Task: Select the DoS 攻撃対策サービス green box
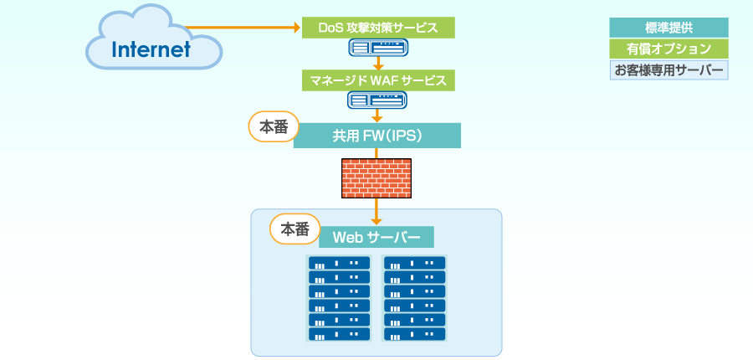coord(377,28)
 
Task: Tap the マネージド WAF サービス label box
coord(377,80)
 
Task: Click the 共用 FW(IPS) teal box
coord(376,136)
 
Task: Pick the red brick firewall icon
coord(376,177)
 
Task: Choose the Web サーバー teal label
coord(376,237)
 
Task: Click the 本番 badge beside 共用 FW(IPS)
coord(274,127)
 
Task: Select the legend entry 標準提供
coord(668,28)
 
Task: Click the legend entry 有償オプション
coord(668,49)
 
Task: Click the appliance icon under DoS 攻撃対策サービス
coord(377,49)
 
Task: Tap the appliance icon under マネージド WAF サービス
coord(377,100)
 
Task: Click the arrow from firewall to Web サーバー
coord(377,211)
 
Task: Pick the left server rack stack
coord(340,298)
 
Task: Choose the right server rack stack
coord(414,298)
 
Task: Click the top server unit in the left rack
coord(340,263)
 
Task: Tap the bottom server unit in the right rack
coord(414,334)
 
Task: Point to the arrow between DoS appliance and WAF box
coord(377,64)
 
